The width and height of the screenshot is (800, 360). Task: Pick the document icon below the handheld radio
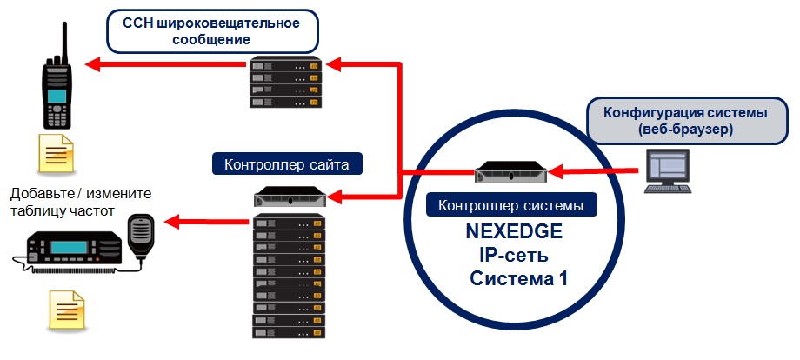pos(53,156)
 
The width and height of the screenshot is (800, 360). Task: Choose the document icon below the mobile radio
pos(67,309)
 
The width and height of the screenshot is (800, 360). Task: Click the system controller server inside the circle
pos(514,172)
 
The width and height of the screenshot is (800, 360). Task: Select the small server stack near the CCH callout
pos(285,83)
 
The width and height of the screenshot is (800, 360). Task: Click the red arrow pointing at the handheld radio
pos(165,63)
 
